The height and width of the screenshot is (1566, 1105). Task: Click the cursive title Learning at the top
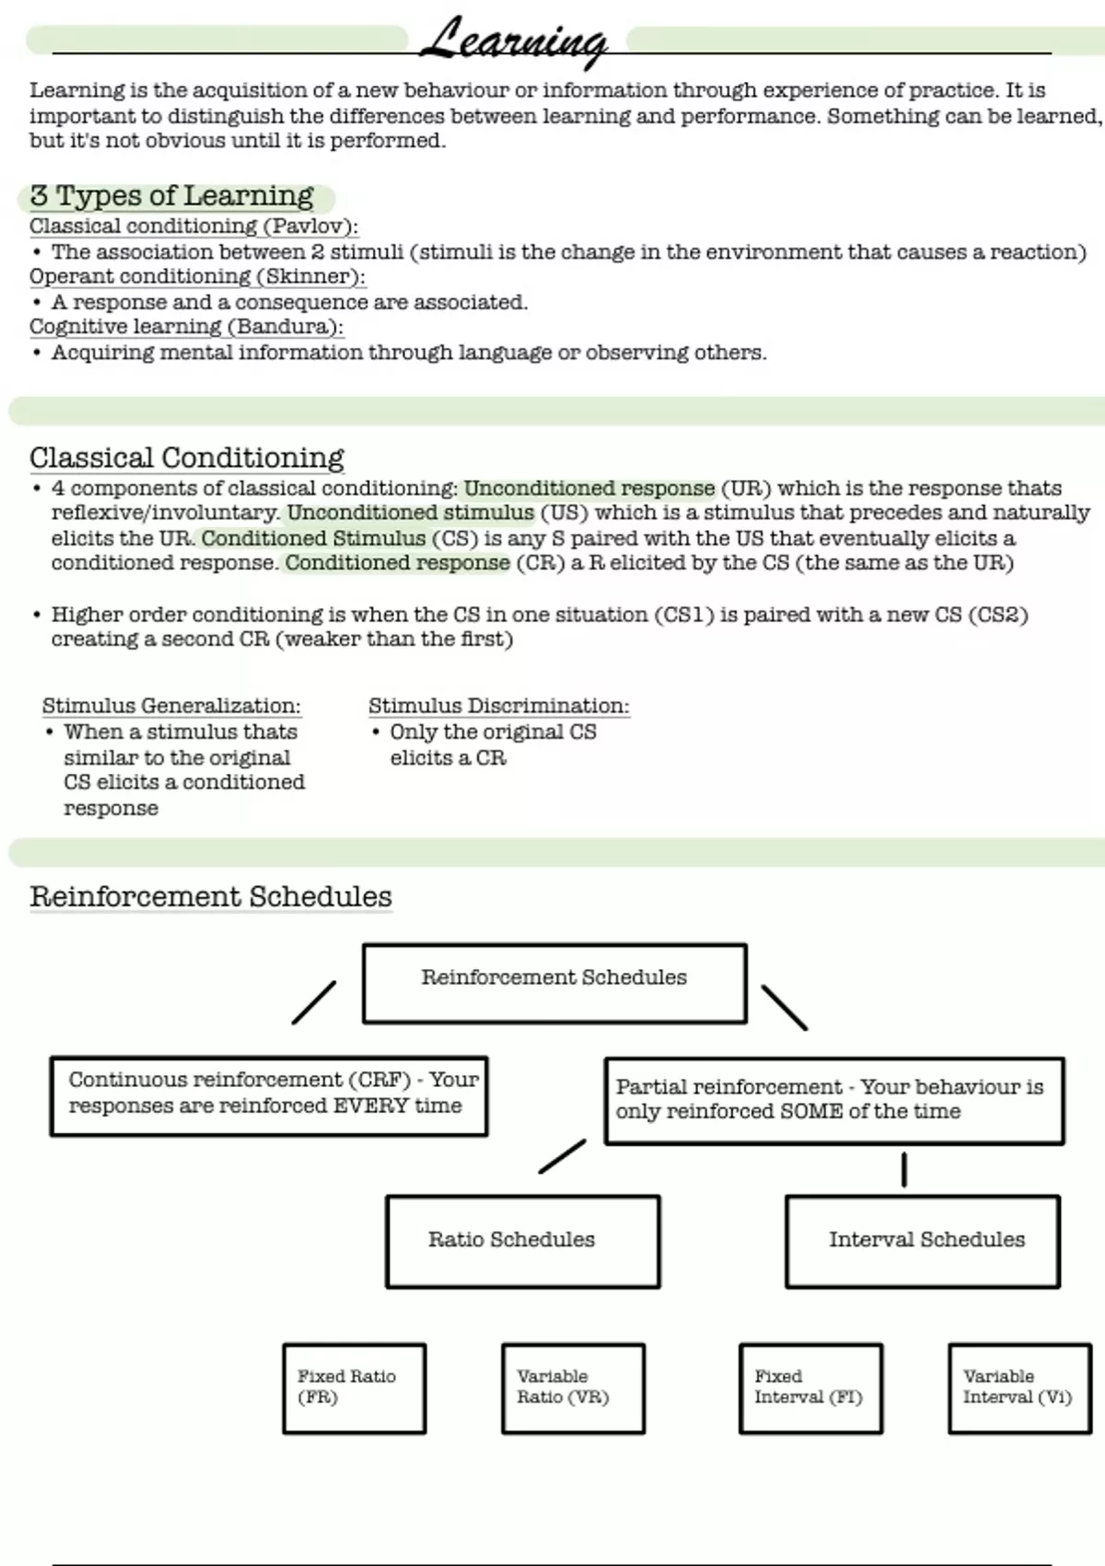tap(514, 41)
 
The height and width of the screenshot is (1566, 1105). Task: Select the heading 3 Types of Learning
tap(171, 196)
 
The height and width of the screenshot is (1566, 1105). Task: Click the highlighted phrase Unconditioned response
tap(589, 488)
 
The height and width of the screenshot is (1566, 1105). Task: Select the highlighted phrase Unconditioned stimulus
tap(411, 513)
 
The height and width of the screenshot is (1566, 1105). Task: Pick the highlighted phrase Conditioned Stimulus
tap(313, 538)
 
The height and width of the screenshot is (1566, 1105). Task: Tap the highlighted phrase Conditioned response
tap(397, 563)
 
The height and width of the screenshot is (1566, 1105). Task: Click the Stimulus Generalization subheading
tap(171, 707)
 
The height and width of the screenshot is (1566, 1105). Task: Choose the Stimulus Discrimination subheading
tap(498, 707)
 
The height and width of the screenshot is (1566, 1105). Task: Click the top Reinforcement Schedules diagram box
tap(554, 983)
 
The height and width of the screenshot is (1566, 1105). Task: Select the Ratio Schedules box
tap(522, 1241)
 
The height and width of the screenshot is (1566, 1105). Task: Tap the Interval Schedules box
tap(923, 1241)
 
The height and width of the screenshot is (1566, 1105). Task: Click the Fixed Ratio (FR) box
tap(355, 1388)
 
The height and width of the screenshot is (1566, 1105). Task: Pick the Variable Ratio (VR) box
tap(573, 1388)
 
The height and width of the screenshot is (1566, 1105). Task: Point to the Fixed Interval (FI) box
tap(810, 1388)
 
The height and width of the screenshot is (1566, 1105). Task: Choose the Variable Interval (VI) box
tap(1019, 1388)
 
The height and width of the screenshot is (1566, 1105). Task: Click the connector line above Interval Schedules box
tap(904, 1169)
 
